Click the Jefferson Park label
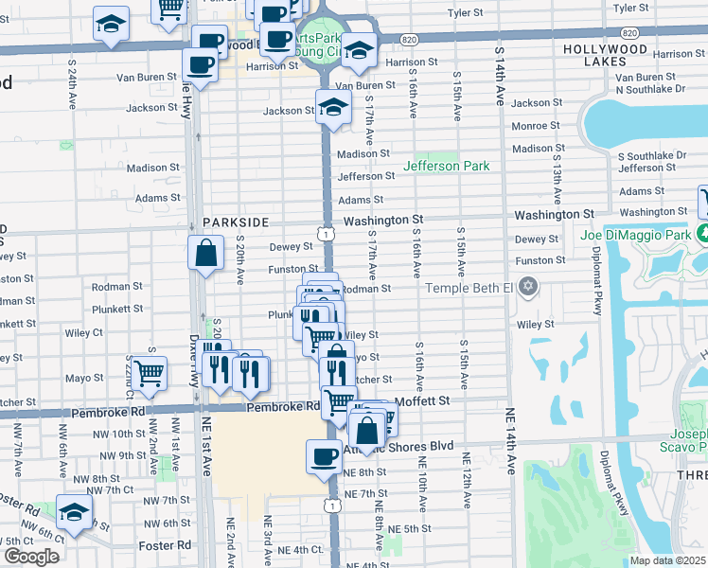pyautogui.click(x=447, y=166)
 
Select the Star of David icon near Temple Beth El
pyautogui.click(x=528, y=287)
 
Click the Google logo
pyautogui.click(x=31, y=556)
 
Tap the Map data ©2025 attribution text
pyautogui.click(x=666, y=560)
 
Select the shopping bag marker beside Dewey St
pyautogui.click(x=205, y=254)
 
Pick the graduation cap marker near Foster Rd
pyautogui.click(x=74, y=511)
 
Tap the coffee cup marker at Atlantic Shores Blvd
pyautogui.click(x=324, y=456)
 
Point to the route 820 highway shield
pyautogui.click(x=408, y=39)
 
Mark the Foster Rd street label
pyautogui.click(x=164, y=545)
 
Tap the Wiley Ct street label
pyautogui.click(x=83, y=333)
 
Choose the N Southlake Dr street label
pyautogui.click(x=650, y=89)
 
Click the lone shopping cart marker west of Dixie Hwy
pyautogui.click(x=150, y=373)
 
